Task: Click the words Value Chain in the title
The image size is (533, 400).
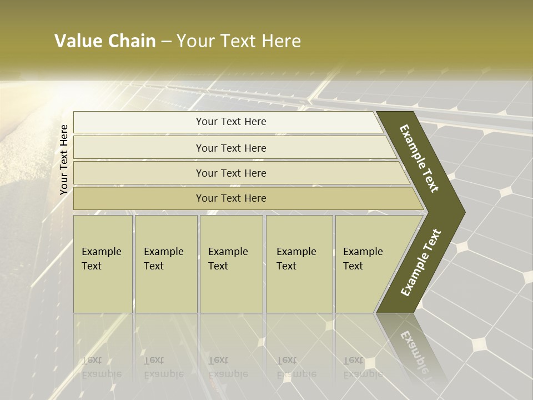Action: coord(105,41)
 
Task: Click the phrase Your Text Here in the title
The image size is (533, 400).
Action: coord(239,41)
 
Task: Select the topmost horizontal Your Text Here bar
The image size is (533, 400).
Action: coord(231,122)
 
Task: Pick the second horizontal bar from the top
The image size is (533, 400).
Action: coord(231,148)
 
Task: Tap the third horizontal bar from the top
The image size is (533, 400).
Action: coord(231,173)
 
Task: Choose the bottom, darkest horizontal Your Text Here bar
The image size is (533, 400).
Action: coord(231,198)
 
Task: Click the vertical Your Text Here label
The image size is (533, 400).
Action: coord(64,159)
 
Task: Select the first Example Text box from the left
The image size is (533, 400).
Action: coord(103,263)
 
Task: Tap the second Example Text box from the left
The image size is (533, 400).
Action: coord(165,263)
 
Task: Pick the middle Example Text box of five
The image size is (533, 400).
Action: coord(230,263)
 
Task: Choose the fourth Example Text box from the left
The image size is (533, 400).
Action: coord(299,263)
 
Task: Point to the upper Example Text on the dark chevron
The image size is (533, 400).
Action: coord(419,159)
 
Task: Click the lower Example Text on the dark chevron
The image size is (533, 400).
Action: coord(421,262)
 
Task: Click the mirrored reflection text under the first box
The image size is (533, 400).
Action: coord(102,367)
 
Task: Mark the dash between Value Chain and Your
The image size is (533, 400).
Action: coord(166,42)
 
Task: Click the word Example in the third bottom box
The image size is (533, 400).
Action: coord(228,252)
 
